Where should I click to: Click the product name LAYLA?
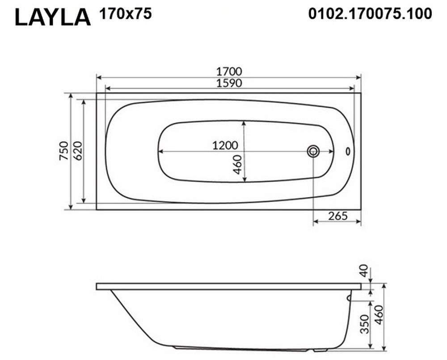(53, 17)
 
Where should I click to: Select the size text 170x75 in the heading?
(125, 14)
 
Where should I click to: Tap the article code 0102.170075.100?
(370, 14)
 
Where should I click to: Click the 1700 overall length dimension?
(229, 71)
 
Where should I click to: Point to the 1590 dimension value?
(229, 83)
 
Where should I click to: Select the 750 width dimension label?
(64, 151)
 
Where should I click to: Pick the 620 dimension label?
(77, 151)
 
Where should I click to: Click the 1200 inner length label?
(225, 145)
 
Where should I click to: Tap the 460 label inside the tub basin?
(237, 165)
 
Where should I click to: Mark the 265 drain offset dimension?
(338, 216)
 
